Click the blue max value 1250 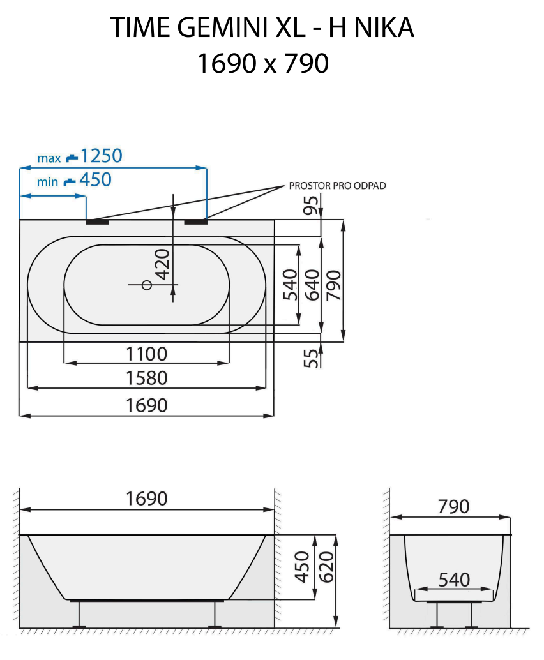101,155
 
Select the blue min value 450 95,180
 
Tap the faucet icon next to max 72,156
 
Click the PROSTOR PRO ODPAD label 337,186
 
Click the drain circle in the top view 146,285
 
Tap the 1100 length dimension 147,354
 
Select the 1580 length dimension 147,378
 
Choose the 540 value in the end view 454,580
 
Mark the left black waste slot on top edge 98,222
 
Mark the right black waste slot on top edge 196,222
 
